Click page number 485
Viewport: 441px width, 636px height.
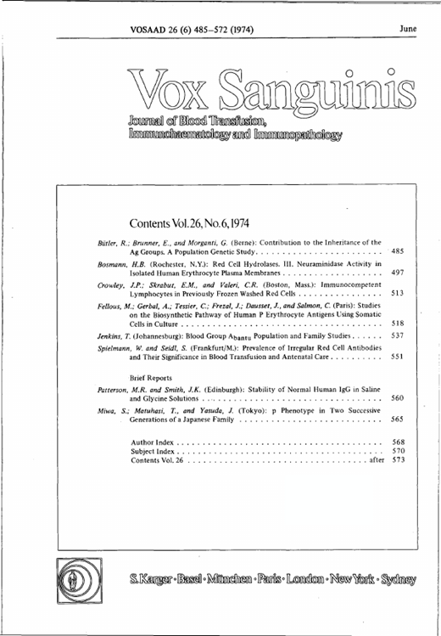[399, 252]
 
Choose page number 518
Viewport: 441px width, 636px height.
[399, 324]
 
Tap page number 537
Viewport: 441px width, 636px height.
[399, 337]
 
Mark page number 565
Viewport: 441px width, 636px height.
[399, 420]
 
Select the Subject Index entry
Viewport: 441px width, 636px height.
[154, 452]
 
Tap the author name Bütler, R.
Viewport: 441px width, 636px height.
[113, 243]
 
